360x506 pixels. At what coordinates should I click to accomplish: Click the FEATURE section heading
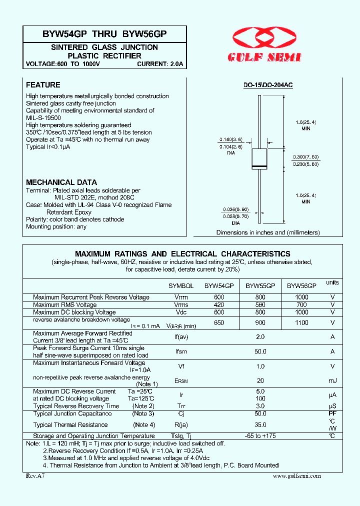coord(43,85)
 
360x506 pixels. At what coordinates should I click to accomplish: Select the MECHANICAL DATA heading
coord(61,182)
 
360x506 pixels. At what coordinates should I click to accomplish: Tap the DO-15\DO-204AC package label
coord(268,85)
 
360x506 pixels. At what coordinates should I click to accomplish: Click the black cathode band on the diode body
coord(259,166)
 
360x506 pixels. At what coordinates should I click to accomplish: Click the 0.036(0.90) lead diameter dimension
coord(231,209)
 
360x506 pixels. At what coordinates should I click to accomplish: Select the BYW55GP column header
coord(260,286)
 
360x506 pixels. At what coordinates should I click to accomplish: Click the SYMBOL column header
coord(181,286)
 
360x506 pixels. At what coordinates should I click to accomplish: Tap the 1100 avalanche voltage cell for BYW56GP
coord(301,323)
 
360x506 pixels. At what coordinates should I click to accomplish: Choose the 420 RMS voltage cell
coord(218,304)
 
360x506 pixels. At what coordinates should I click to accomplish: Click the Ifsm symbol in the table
coord(181,351)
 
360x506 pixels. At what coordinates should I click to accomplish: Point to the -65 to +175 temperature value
coord(260,436)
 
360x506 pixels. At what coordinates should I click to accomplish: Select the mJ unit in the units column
coord(332,381)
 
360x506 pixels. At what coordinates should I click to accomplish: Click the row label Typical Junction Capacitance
coord(72,413)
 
